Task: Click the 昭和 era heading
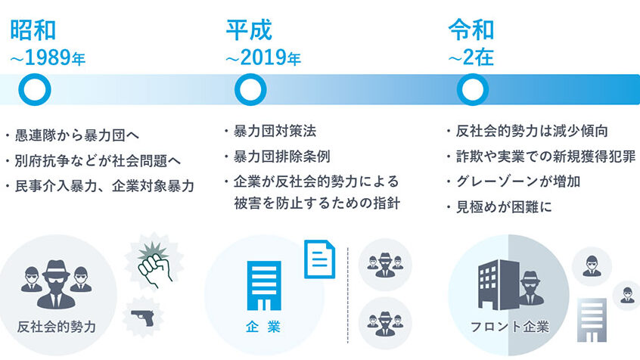pyautogui.click(x=33, y=29)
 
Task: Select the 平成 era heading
pyautogui.click(x=249, y=29)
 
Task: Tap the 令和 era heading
pyautogui.click(x=471, y=29)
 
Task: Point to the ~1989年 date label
pyautogui.click(x=48, y=57)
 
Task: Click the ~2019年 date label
pyautogui.click(x=263, y=57)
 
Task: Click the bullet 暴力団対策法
pyautogui.click(x=275, y=131)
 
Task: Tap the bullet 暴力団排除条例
pyautogui.click(x=281, y=157)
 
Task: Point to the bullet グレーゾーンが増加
pyautogui.click(x=518, y=182)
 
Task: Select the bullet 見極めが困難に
pyautogui.click(x=504, y=207)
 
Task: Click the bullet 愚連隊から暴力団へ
pyautogui.click(x=76, y=135)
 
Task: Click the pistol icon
pyautogui.click(x=143, y=318)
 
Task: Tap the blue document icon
pyautogui.click(x=319, y=259)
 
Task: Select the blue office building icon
pyautogui.click(x=264, y=286)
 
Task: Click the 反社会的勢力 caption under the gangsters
pyautogui.click(x=57, y=327)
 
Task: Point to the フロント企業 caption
pyautogui.click(x=510, y=327)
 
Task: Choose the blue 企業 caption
pyautogui.click(x=263, y=327)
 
